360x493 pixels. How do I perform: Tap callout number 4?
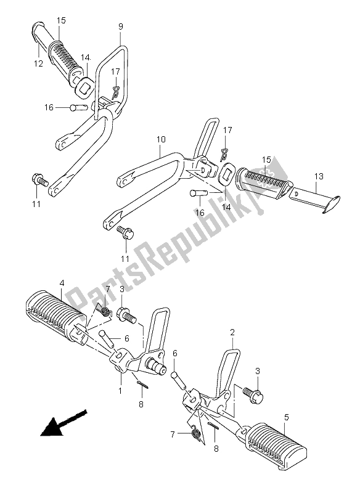pos(62,285)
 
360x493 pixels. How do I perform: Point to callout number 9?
pos(120,26)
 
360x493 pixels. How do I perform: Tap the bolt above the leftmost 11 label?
pos(39,181)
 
